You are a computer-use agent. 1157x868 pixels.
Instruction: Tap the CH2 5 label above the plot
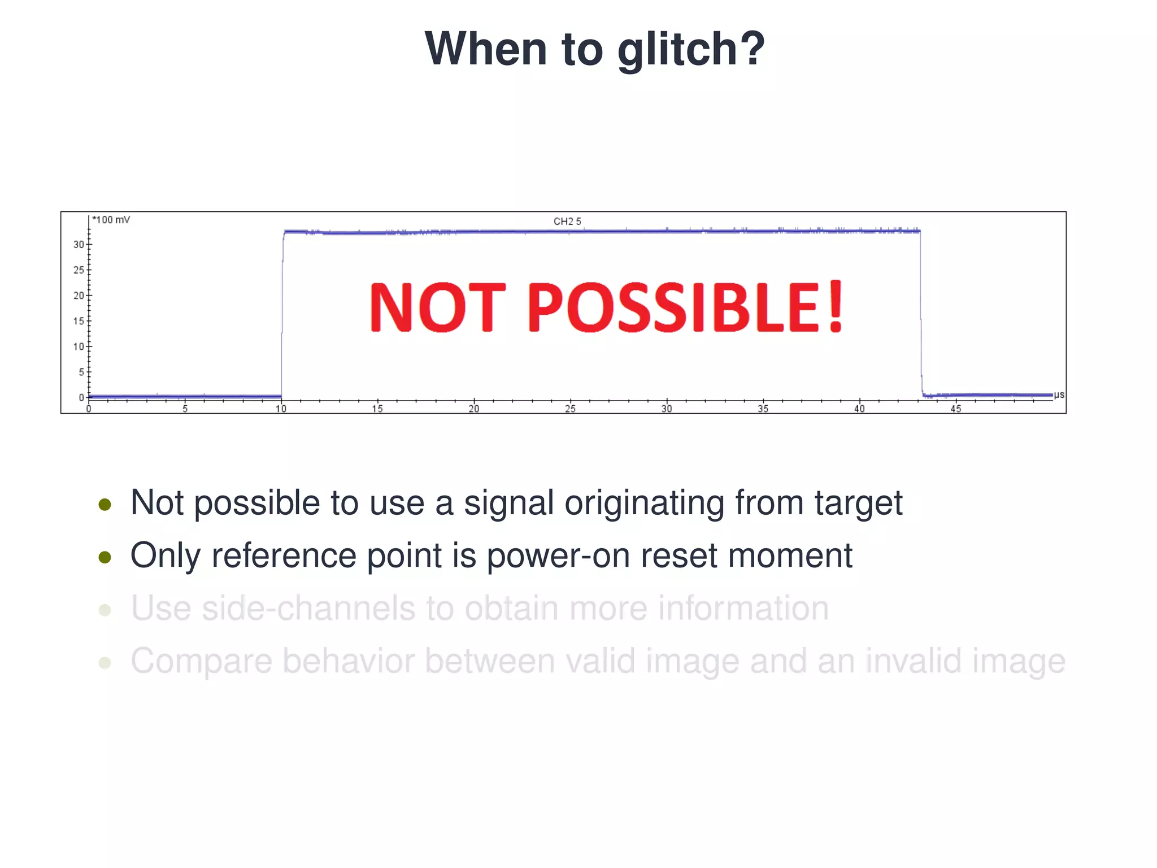[x=567, y=222]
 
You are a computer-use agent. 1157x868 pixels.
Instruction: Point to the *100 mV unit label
[x=111, y=220]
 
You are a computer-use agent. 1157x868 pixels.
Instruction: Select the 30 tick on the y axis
[x=78, y=245]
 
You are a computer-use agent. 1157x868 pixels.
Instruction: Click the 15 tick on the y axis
[x=78, y=321]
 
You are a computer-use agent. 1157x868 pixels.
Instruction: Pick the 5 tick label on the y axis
[x=81, y=372]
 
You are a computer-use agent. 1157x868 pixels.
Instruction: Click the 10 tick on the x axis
[x=281, y=409]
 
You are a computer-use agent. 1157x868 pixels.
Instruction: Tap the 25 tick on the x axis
[x=570, y=409]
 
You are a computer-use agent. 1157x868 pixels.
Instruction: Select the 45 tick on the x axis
[x=955, y=409]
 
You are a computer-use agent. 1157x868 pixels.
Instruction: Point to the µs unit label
[x=1059, y=394]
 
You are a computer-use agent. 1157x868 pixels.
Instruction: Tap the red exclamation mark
[x=835, y=307]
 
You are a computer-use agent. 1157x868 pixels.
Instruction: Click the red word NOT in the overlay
[x=437, y=307]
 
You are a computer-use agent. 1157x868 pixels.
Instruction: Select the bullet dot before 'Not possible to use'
[x=105, y=504]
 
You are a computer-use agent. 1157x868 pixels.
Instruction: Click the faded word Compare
[x=201, y=661]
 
